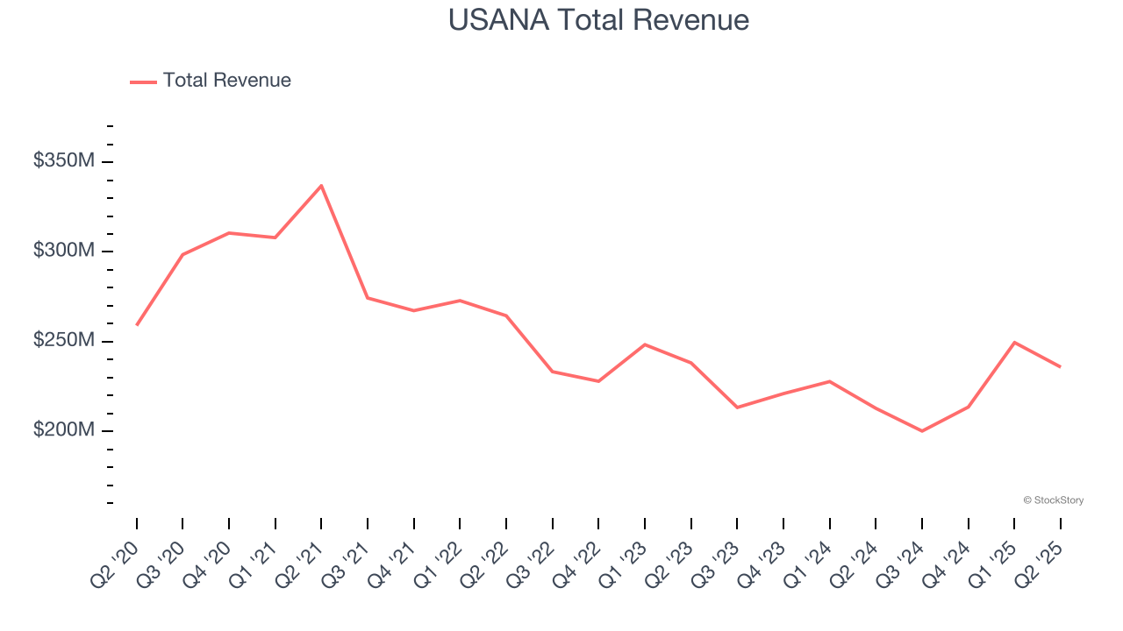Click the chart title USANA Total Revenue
coord(598,19)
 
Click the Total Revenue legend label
coord(226,81)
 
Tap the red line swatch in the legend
coord(143,82)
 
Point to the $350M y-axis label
coord(64,161)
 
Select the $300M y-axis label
coord(64,251)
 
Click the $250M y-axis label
coord(64,340)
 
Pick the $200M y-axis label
coord(64,430)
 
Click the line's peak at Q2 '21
coord(321,185)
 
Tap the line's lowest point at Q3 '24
coord(922,431)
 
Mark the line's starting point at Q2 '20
coord(137,325)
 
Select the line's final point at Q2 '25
coord(1060,366)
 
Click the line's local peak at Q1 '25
coord(1014,343)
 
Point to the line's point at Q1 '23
coord(645,344)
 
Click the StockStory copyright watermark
coord(1053,500)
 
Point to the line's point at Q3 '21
coord(368,298)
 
